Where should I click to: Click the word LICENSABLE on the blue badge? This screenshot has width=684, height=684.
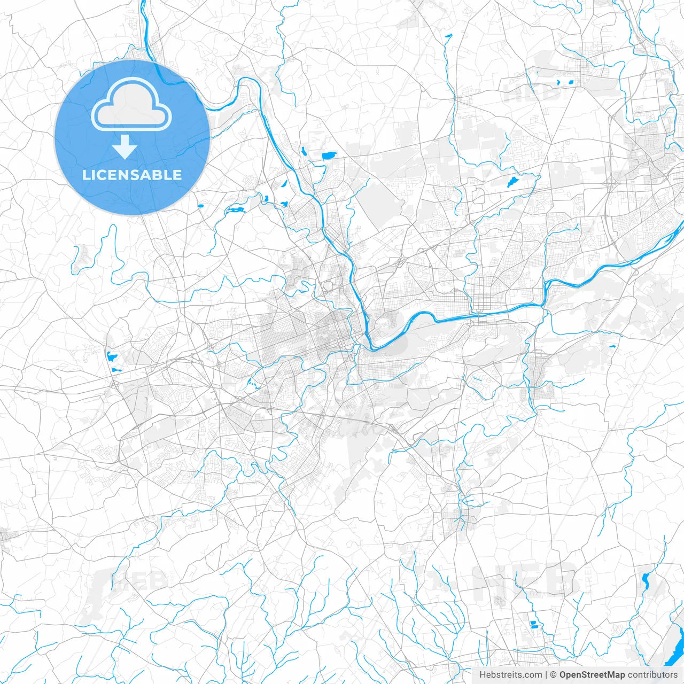(x=132, y=175)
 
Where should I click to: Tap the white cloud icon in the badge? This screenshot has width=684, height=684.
(x=131, y=104)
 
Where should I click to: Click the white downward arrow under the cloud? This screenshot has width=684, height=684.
(x=125, y=147)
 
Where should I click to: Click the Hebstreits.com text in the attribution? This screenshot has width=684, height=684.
(x=510, y=675)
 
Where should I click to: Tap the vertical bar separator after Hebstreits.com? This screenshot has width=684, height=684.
(x=546, y=675)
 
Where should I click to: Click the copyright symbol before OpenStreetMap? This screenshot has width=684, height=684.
(x=554, y=675)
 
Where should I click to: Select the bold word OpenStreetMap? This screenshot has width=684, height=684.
(x=592, y=675)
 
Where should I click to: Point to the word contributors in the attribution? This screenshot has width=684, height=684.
(x=652, y=675)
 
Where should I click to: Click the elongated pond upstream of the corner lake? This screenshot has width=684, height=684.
(x=646, y=580)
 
